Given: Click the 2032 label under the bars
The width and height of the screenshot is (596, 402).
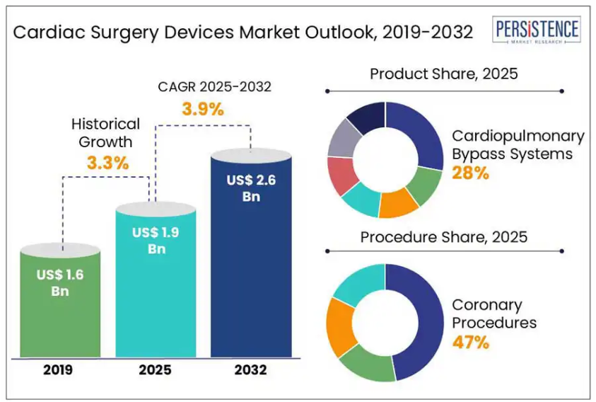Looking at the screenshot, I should (x=251, y=369).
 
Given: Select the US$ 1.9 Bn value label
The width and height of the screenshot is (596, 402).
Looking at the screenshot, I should (x=156, y=240).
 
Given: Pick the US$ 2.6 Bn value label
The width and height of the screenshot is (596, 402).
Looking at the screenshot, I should (x=251, y=188).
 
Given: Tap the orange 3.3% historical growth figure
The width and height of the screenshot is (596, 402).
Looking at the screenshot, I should (x=107, y=163).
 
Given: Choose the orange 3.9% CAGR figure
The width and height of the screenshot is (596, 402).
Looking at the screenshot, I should (x=202, y=110).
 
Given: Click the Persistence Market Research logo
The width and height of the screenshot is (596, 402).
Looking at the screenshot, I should (x=537, y=32).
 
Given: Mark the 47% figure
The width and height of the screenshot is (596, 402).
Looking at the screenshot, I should (x=471, y=343).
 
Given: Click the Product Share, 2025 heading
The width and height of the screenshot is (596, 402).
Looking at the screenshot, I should (x=444, y=74).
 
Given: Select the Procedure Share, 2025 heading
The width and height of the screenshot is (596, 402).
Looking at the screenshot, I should (x=444, y=237).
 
